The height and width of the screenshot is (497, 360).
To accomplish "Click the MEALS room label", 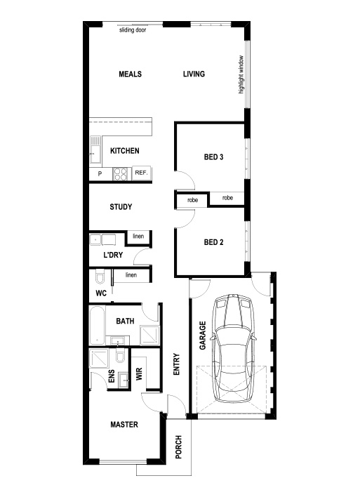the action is (131, 74).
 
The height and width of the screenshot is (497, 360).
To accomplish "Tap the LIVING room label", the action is (194, 74).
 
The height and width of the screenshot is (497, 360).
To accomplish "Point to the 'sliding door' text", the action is (133, 30).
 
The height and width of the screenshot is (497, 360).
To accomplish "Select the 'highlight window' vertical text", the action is (241, 74).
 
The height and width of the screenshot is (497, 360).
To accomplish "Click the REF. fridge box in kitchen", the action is (141, 173).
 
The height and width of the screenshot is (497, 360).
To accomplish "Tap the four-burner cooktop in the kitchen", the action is (121, 173).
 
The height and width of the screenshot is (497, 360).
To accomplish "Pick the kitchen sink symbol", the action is (95, 150).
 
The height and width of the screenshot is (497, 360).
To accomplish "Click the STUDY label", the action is (121, 207).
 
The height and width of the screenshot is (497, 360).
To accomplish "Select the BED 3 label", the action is (213, 157).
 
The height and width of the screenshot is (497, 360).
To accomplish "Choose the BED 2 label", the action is (213, 242).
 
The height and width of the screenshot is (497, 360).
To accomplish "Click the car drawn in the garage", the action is (233, 348).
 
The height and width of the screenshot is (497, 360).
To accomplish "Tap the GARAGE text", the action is (203, 336).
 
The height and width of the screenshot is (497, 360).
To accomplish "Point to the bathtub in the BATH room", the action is (97, 326).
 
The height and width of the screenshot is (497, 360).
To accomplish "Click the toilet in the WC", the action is (100, 276).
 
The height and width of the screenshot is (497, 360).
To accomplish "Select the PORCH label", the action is (179, 447).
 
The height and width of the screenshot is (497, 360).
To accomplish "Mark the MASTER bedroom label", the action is (124, 425).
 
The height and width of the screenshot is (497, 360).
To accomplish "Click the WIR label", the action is (139, 374).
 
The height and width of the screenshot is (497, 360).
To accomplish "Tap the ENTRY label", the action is (177, 364).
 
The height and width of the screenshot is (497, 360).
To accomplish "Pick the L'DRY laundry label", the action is (113, 255).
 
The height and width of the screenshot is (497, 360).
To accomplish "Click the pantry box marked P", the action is (100, 173).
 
